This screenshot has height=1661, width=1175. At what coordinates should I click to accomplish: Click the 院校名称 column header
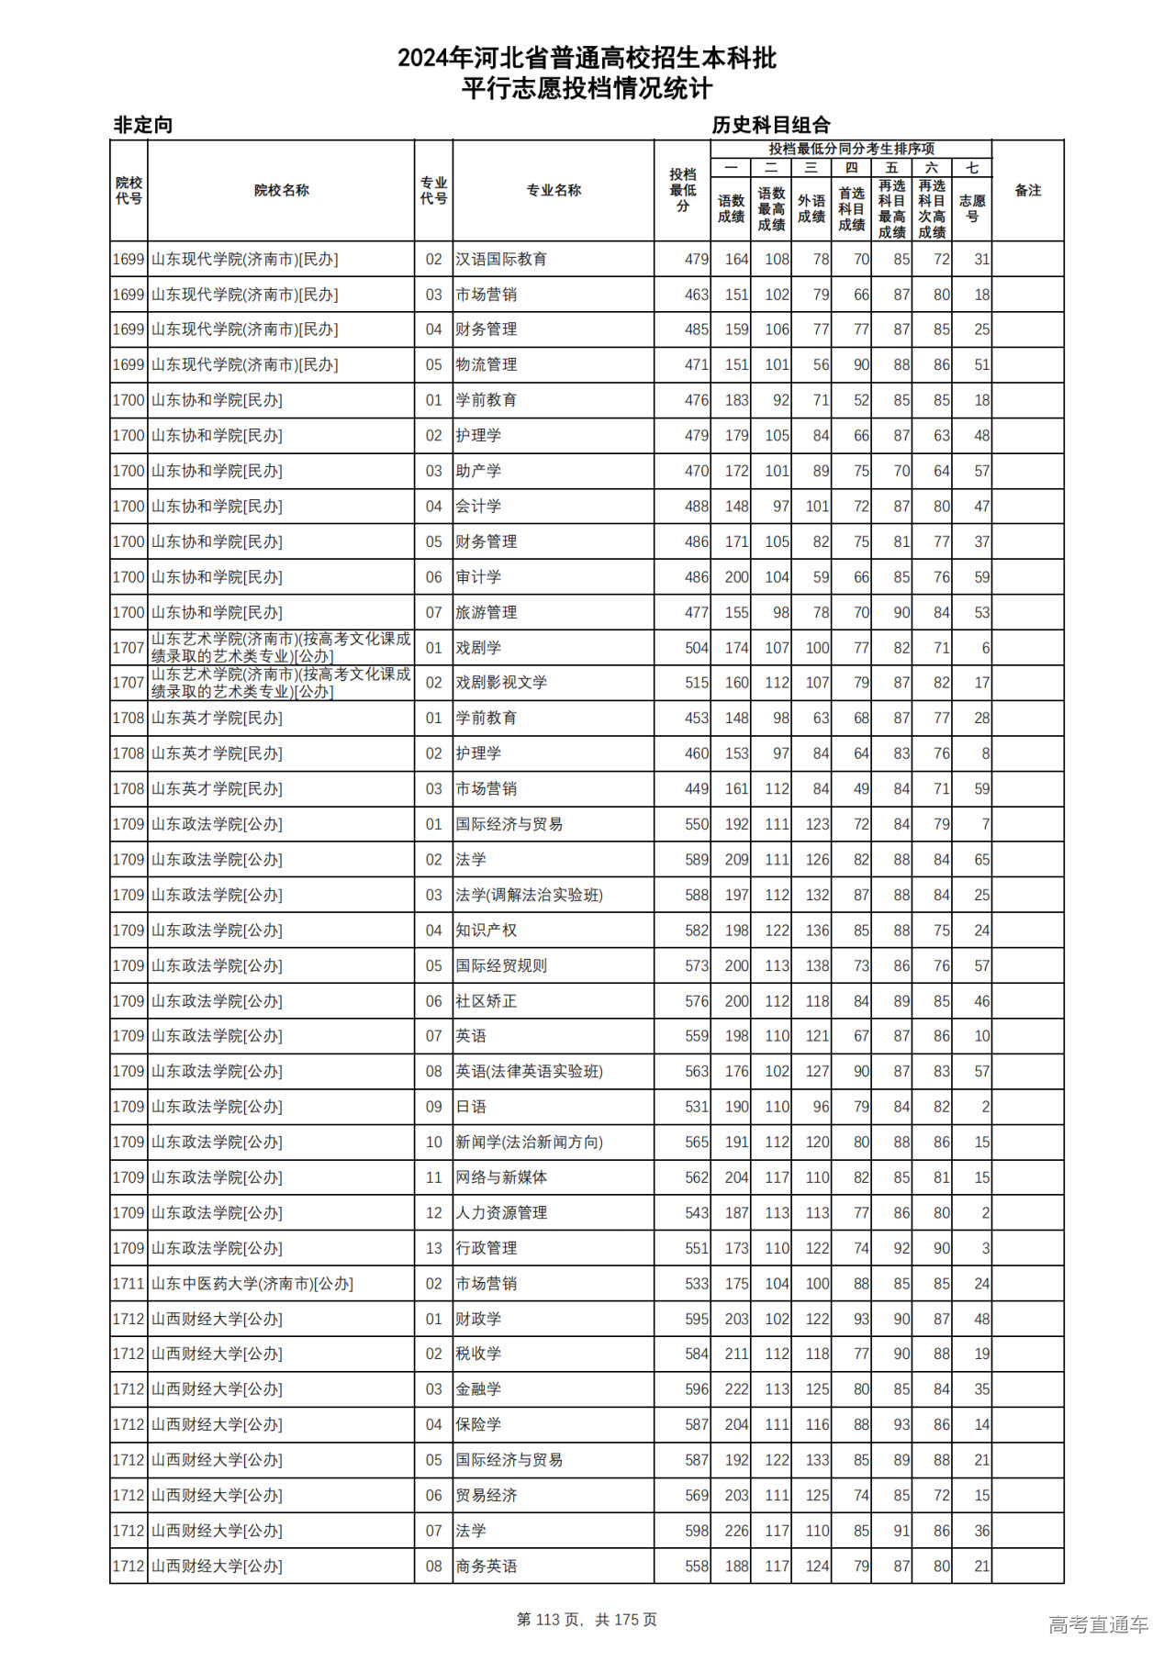281,191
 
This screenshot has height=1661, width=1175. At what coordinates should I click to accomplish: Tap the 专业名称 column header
554,191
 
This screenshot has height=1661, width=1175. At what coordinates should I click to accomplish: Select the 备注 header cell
1028,191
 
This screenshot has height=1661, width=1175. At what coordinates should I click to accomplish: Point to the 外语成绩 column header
811,208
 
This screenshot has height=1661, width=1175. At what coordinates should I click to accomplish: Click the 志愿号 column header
972,208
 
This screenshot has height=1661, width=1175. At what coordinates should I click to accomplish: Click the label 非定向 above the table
143,125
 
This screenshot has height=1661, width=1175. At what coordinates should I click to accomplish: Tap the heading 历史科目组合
771,125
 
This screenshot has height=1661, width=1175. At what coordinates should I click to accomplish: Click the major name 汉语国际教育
501,260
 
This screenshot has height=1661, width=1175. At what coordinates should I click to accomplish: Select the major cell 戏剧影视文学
501,683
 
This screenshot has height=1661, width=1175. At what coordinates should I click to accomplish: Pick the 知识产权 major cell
487,931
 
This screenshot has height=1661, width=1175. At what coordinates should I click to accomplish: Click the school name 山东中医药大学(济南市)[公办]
252,1284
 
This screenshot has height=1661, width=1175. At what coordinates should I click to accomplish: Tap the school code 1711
129,1284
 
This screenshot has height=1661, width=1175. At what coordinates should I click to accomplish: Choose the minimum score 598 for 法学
697,1531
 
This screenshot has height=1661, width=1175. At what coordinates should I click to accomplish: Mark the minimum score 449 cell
697,789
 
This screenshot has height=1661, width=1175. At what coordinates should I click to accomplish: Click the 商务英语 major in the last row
487,1566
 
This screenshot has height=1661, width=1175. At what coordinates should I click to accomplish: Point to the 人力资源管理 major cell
501,1213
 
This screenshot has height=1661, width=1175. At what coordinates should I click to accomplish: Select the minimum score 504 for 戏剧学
697,648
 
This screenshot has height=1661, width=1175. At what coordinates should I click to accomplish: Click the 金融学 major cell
478,1389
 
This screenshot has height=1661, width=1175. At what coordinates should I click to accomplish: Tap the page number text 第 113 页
549,1620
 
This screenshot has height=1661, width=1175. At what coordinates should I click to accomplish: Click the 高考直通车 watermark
1098,1624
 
